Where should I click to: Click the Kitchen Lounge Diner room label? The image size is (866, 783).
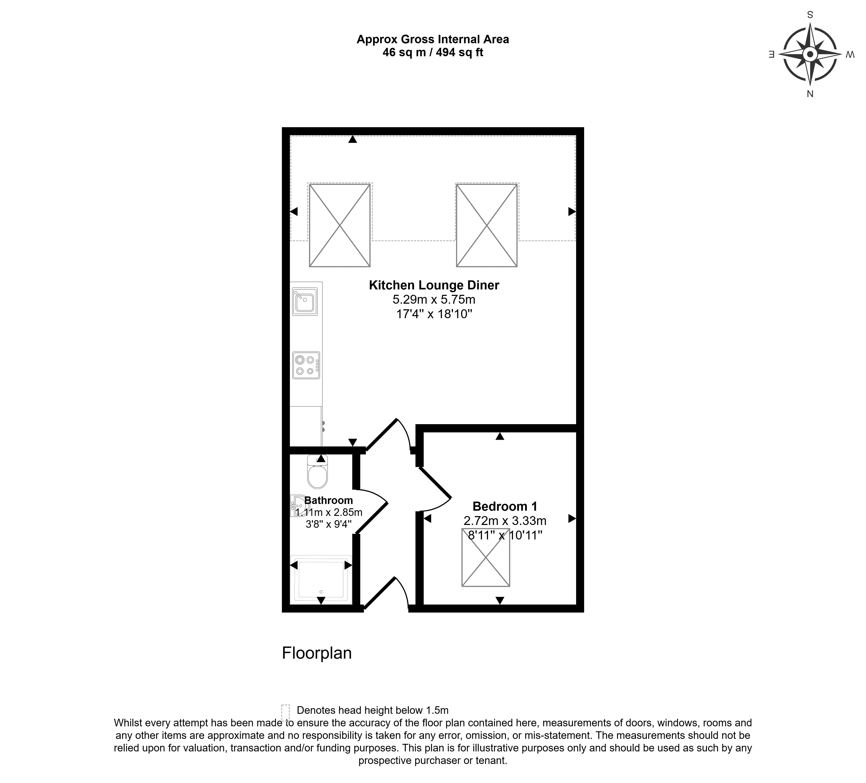click(x=434, y=285)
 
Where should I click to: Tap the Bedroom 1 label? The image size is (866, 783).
click(x=505, y=507)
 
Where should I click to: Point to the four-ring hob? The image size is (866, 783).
click(x=306, y=365)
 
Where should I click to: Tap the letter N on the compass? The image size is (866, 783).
click(x=810, y=94)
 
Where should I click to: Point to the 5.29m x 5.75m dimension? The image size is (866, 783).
click(x=434, y=299)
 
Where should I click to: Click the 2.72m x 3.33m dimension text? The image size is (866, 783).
click(x=505, y=521)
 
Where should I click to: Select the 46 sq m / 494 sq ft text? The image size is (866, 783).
click(x=433, y=52)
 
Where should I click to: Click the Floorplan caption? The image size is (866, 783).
click(x=317, y=653)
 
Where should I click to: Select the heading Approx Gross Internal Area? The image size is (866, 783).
click(x=433, y=40)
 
